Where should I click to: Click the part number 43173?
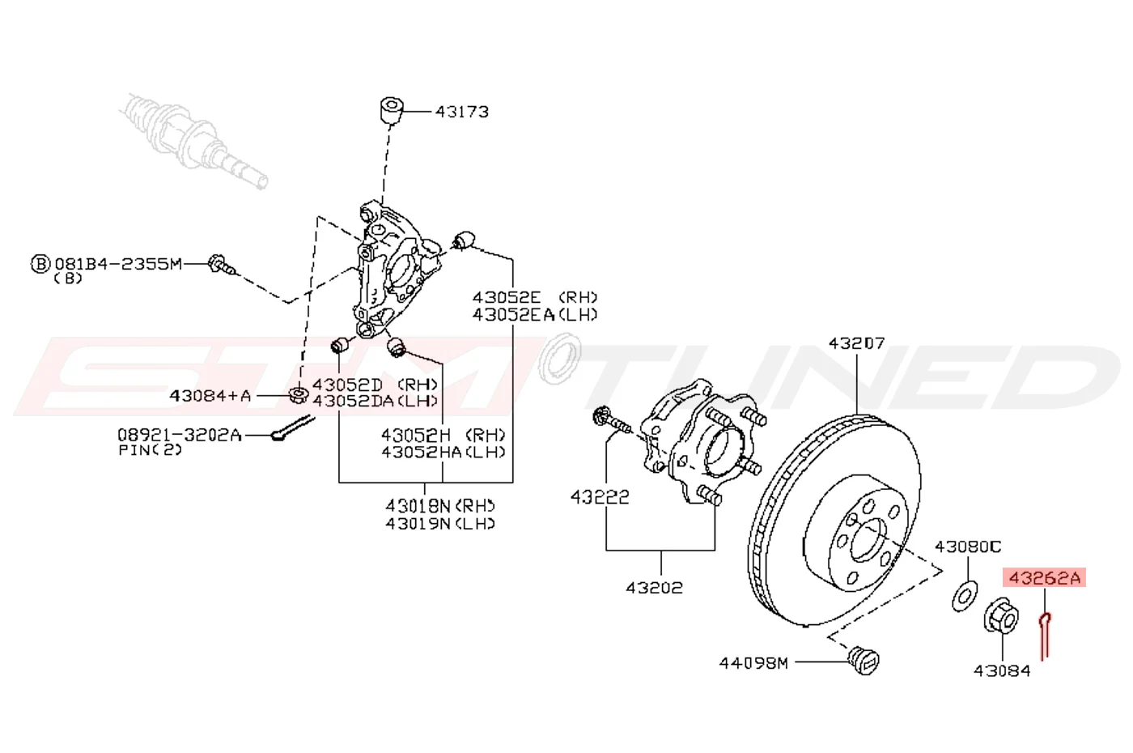(462, 112)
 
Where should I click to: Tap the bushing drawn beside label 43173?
(392, 111)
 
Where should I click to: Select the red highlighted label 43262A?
(1044, 577)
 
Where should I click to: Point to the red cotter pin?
(1045, 636)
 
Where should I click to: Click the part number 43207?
(856, 343)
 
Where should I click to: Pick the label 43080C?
(968, 547)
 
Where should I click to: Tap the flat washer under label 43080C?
(965, 597)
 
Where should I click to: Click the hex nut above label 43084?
(1001, 615)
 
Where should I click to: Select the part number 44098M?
(753, 662)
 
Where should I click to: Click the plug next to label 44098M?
(864, 660)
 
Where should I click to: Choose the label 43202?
(654, 588)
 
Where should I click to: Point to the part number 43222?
(600, 497)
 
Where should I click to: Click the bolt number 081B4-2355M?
(118, 264)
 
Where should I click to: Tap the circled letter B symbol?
(40, 264)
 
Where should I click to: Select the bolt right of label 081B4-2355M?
(222, 266)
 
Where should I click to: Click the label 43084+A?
(210, 395)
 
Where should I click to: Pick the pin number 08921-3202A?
(180, 435)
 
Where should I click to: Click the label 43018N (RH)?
(440, 505)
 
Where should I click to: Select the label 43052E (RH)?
(535, 297)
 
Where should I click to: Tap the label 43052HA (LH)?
(443, 452)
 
